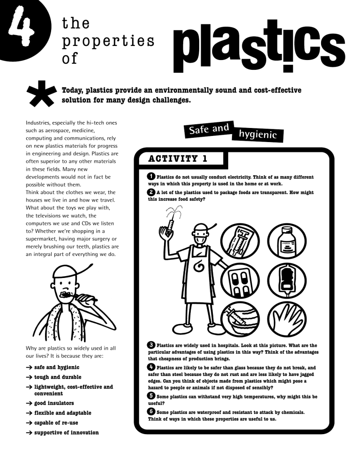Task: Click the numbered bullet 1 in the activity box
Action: click(x=151, y=177)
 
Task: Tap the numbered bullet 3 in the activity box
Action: click(x=151, y=346)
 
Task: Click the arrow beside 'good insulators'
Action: click(x=29, y=403)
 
